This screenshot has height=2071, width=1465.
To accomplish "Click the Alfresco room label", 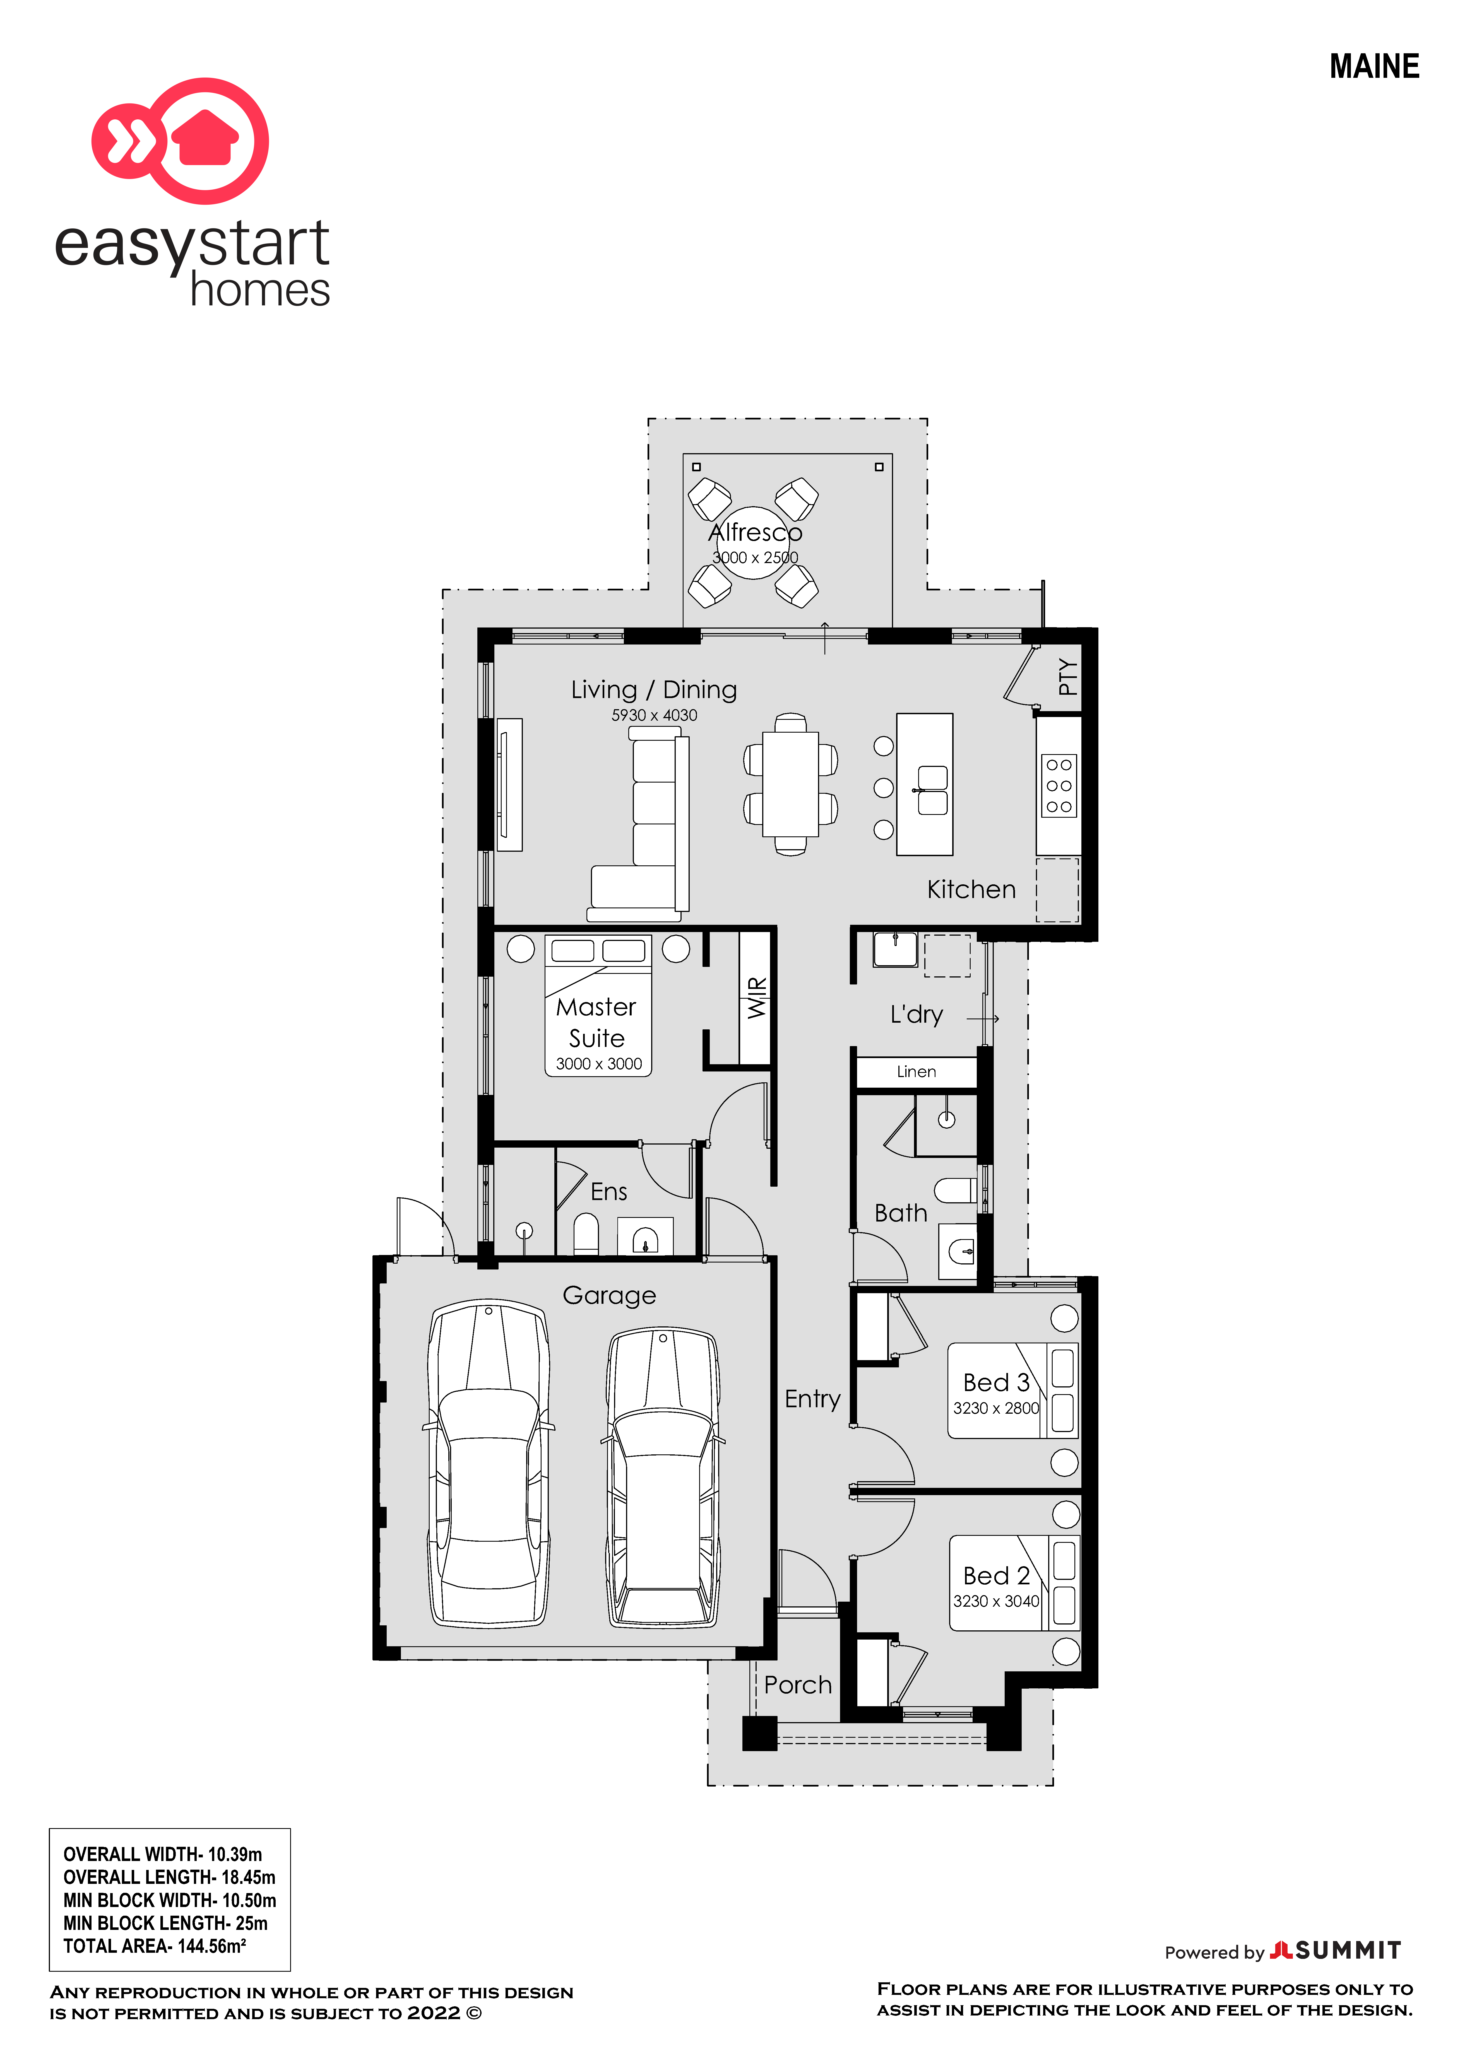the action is [755, 532].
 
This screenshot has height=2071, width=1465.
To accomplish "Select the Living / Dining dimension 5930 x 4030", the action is [654, 715].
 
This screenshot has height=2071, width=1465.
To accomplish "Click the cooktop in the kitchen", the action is [1059, 786].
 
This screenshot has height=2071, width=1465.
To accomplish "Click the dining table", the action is [790, 785].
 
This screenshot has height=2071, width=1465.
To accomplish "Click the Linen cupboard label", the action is [916, 1071].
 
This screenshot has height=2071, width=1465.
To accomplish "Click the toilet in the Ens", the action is [586, 1234].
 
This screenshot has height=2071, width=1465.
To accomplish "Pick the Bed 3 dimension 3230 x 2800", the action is [996, 1408].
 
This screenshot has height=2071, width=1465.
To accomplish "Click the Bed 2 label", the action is [996, 1576].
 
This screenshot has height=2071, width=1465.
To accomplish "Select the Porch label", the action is [797, 1685].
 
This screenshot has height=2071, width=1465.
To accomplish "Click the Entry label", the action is [812, 1399].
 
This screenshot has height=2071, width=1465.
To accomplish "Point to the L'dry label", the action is [916, 1015].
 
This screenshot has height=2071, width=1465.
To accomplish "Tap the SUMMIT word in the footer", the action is [1349, 1951].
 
